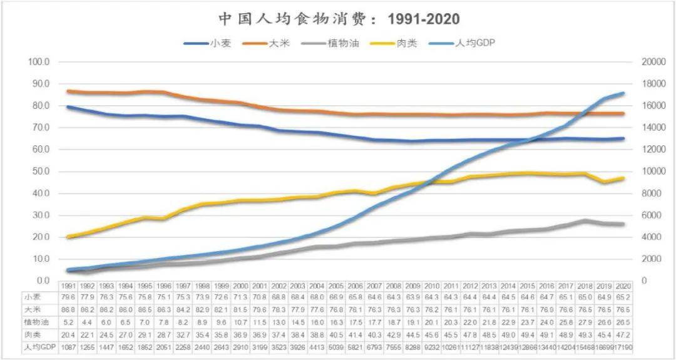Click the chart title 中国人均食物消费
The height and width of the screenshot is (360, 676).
(338, 18)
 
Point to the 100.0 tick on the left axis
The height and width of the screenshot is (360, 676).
(39, 62)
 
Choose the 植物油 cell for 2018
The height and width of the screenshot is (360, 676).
(586, 322)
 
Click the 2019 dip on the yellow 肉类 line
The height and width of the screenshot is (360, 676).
(604, 182)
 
